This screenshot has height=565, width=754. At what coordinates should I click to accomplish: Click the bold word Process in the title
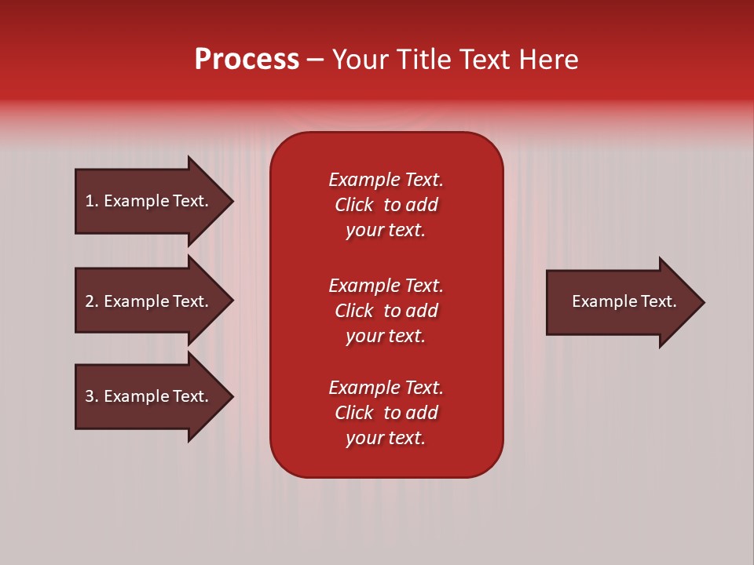247,60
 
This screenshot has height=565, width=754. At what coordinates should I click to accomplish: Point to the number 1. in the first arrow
92,201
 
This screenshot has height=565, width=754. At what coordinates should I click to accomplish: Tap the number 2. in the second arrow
92,301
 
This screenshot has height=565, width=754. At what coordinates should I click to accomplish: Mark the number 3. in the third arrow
92,396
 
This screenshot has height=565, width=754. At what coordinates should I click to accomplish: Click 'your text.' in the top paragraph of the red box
386,230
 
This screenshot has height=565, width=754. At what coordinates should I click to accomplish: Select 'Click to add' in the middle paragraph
386,311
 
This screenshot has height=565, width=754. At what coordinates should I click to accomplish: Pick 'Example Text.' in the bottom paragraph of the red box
386,388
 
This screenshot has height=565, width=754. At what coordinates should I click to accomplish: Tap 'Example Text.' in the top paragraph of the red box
386,180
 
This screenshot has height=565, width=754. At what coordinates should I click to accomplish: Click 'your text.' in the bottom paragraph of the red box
386,438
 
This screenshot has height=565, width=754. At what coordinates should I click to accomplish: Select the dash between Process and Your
316,60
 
